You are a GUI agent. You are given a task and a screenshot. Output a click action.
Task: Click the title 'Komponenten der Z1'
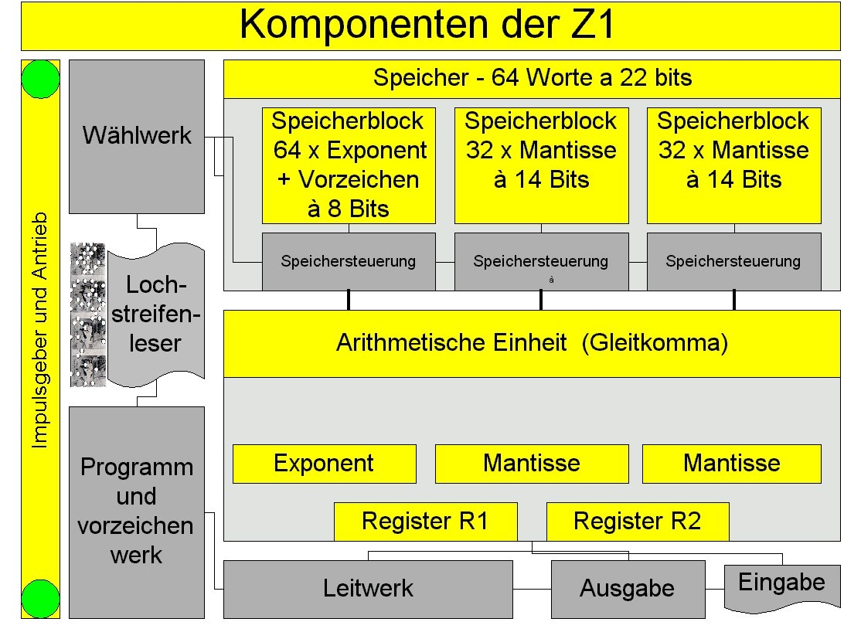[429, 25]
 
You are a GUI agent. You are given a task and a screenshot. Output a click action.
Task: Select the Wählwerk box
[137, 136]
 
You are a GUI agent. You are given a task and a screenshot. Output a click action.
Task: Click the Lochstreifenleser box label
[155, 314]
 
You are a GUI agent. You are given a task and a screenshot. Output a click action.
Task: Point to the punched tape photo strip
[87, 314]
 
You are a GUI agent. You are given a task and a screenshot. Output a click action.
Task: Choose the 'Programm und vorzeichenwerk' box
[137, 512]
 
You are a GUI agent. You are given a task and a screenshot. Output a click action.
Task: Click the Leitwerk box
[368, 589]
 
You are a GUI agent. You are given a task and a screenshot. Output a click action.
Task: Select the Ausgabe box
[628, 589]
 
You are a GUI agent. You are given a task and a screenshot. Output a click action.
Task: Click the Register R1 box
[425, 522]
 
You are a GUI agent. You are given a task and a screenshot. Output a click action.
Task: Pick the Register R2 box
[637, 522]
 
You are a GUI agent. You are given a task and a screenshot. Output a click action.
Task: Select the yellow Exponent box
[324, 464]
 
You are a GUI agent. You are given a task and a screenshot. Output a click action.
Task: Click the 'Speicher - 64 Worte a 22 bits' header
[532, 78]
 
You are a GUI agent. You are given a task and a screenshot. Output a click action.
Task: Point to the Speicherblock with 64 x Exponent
[349, 165]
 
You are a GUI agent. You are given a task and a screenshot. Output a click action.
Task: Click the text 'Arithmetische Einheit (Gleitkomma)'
[532, 343]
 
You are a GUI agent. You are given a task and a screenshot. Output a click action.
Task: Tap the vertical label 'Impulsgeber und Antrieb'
[40, 330]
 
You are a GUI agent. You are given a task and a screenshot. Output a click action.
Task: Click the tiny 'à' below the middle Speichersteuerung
[551, 280]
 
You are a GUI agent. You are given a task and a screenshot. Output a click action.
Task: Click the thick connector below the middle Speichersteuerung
[541, 300]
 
